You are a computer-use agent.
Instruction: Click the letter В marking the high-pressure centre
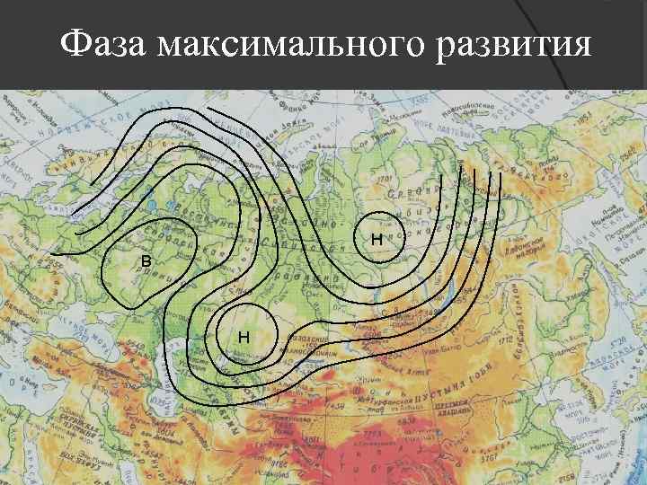click(146, 260)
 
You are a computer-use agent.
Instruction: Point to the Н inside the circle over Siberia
click(377, 240)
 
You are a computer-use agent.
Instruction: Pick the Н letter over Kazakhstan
click(244, 337)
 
